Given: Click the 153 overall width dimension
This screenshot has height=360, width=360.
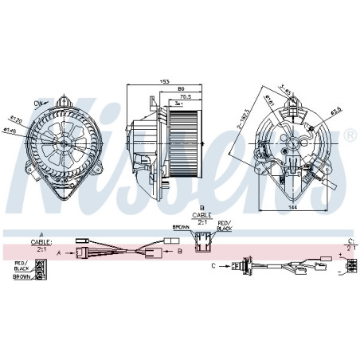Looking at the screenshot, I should pyautogui.click(x=164, y=81).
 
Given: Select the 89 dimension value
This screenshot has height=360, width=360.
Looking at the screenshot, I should pyautogui.click(x=181, y=89).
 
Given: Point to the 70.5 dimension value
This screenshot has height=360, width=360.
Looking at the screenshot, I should pyautogui.click(x=185, y=96).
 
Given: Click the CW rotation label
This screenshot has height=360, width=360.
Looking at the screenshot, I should pyautogui.click(x=38, y=103).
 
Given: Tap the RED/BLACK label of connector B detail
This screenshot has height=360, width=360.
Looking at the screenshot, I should pyautogui.click(x=225, y=226).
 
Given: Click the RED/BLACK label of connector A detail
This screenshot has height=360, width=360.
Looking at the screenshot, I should pyautogui.click(x=22, y=267).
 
